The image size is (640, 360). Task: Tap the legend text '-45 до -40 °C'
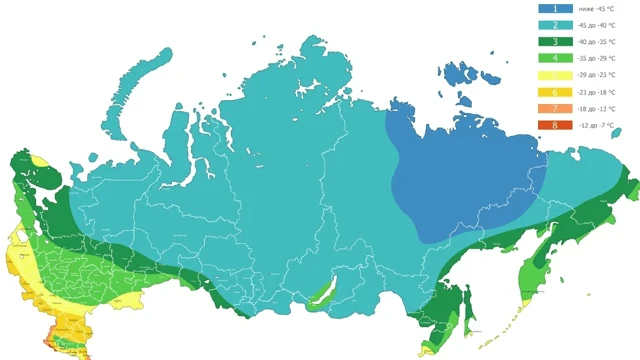click(596, 25)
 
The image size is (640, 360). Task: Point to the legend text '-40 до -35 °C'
click(596, 41)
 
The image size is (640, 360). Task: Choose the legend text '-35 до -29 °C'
click(596, 58)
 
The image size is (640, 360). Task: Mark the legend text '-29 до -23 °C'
click(596, 75)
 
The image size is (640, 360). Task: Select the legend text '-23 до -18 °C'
click(596, 91)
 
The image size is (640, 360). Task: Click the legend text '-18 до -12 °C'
click(596, 108)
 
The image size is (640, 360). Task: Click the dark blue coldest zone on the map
click(450, 180)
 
